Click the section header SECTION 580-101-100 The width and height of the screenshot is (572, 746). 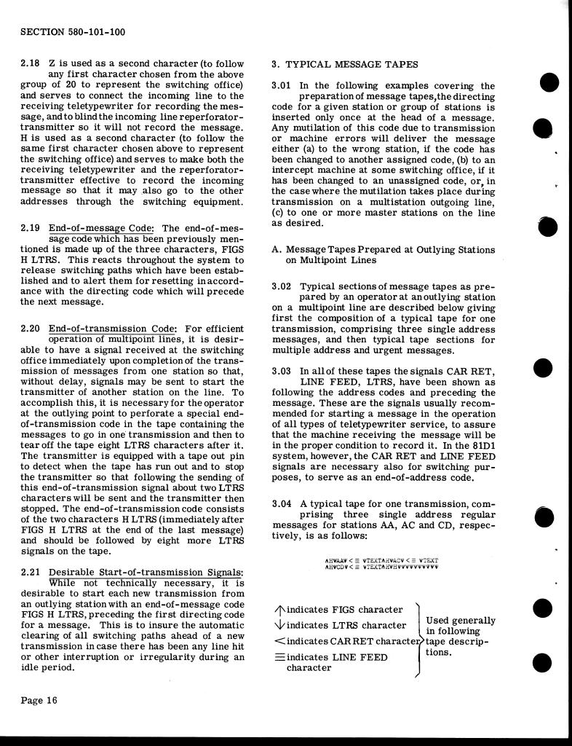point(73,32)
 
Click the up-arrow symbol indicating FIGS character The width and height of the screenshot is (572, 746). point(279,610)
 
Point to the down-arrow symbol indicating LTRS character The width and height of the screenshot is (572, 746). point(279,625)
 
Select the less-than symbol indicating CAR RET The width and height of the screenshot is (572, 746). point(279,641)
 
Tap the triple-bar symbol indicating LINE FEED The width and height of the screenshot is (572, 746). point(279,657)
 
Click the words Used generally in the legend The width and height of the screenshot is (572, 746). point(461,621)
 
